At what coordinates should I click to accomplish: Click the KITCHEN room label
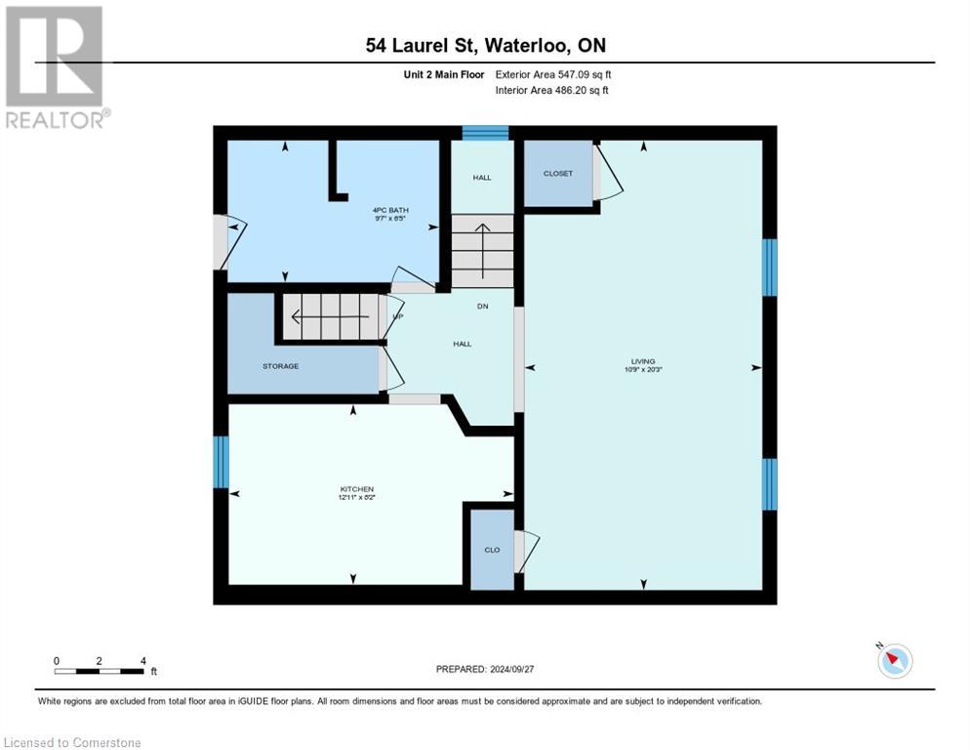[x=356, y=489]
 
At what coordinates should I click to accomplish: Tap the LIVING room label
[x=642, y=361]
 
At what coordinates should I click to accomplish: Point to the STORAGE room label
[x=280, y=366]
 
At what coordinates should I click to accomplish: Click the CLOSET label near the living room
[x=558, y=174]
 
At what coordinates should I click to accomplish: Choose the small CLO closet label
[x=492, y=550]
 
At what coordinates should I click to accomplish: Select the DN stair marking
[x=482, y=307]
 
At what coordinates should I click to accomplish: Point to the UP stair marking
[x=397, y=316]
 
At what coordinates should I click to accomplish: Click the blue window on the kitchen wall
[x=222, y=462]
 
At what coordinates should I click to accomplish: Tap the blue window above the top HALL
[x=485, y=133]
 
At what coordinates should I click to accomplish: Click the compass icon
[x=894, y=661]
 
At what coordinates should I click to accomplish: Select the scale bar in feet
[x=101, y=671]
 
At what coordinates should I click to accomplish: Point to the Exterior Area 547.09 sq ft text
[x=553, y=74]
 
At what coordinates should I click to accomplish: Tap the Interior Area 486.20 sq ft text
[x=552, y=90]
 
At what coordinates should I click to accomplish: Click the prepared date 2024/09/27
[x=485, y=669]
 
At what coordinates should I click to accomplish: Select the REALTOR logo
[x=55, y=66]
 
